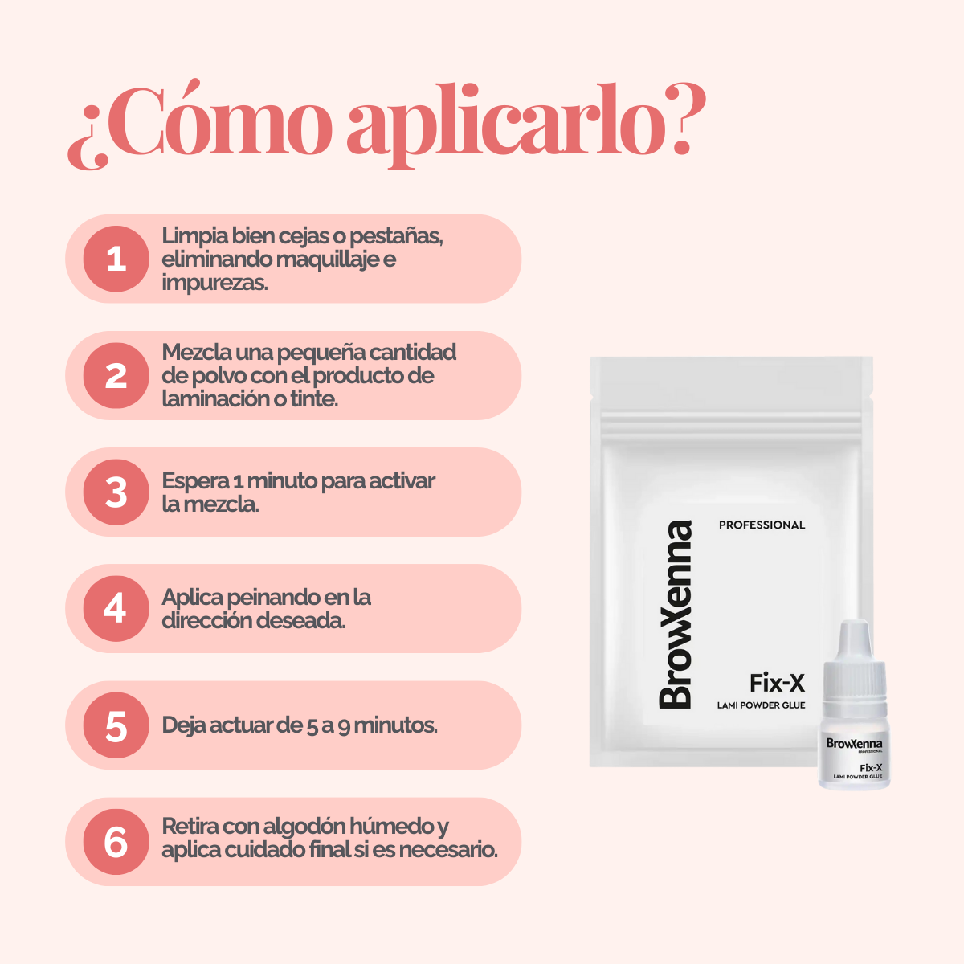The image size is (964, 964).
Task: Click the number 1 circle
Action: click(x=116, y=259)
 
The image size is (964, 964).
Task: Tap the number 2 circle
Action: click(x=116, y=375)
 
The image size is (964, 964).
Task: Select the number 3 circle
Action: click(x=116, y=492)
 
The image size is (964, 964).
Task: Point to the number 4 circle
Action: click(x=116, y=608)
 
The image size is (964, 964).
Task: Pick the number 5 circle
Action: click(x=116, y=725)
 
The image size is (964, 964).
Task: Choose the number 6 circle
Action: click(x=116, y=842)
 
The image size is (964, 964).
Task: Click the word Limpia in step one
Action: click(x=194, y=235)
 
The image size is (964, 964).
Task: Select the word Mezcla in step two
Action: click(x=197, y=352)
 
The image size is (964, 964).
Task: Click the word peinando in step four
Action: click(x=263, y=598)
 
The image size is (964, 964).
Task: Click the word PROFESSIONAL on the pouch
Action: click(x=762, y=525)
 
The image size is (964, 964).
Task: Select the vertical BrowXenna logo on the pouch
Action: click(x=676, y=615)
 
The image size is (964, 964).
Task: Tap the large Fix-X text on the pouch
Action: click(x=777, y=683)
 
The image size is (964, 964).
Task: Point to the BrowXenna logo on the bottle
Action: click(x=854, y=744)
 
